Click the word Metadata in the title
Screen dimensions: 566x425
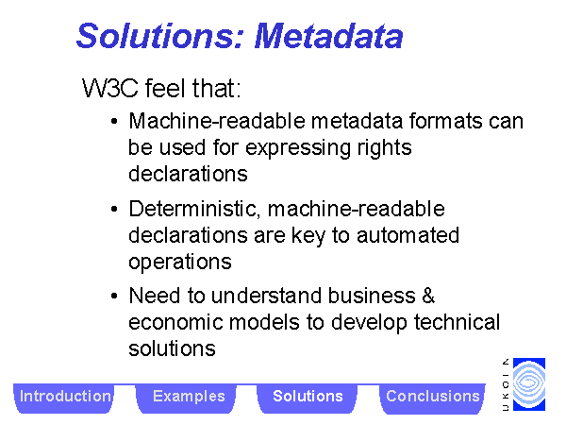pos(328,36)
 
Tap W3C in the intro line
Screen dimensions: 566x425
pos(110,88)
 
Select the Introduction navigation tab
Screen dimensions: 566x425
pos(65,398)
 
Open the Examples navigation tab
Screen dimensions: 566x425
pos(189,398)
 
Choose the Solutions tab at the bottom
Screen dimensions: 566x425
pos(308,398)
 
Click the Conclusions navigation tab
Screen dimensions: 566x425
pos(432,398)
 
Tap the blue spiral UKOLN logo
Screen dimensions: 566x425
pos(529,384)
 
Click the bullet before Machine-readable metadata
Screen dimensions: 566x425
pos(114,122)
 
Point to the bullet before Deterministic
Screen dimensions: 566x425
pos(114,209)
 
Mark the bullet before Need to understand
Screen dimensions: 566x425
pos(114,297)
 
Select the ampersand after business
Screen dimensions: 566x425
pos(428,296)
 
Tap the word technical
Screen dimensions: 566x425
pos(457,322)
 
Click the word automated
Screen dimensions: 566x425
pos(408,235)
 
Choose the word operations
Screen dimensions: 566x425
pos(180,263)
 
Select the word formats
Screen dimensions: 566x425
pos(446,121)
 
